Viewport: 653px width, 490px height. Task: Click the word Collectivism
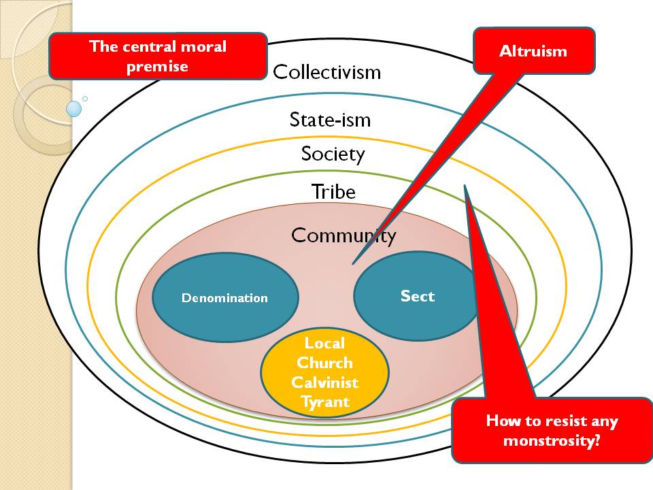click(326, 72)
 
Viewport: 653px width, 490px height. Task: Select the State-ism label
click(330, 120)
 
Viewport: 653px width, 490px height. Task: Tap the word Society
click(333, 154)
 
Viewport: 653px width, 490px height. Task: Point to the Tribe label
click(333, 192)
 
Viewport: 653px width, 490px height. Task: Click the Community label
click(343, 235)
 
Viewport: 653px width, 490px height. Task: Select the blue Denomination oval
click(224, 297)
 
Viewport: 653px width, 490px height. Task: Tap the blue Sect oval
click(417, 296)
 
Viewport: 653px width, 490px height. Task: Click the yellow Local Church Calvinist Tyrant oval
click(324, 372)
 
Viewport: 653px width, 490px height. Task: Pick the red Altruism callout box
click(533, 51)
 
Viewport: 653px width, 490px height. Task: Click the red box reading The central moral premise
click(157, 56)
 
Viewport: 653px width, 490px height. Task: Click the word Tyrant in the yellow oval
click(324, 402)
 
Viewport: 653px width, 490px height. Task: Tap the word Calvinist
click(324, 382)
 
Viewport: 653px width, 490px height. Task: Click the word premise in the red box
click(157, 66)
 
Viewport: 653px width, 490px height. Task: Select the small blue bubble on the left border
click(74, 108)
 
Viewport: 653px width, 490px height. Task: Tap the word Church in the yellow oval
click(324, 362)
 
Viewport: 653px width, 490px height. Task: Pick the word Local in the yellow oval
click(324, 343)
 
